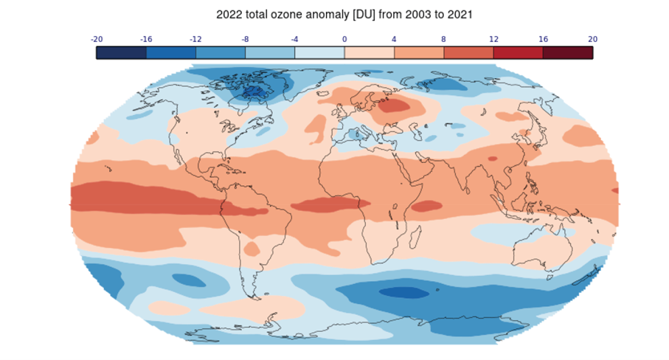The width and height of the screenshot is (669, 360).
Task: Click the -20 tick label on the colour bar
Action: pos(96,39)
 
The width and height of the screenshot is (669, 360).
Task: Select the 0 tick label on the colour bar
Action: pos(344,39)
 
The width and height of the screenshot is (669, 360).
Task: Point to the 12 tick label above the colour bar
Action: pos(493,39)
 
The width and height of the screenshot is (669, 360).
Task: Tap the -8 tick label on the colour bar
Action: pos(245,39)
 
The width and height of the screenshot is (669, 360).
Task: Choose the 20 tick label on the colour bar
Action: pos(592,39)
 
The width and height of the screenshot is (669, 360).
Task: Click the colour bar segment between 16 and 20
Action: pos(567,52)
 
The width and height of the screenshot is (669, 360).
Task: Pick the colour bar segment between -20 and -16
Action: pos(121,52)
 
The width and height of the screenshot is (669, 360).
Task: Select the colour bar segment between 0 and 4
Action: pos(369,52)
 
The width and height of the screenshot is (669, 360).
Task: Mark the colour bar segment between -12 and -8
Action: pos(221,52)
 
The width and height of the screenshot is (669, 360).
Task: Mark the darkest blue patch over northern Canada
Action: pos(253,91)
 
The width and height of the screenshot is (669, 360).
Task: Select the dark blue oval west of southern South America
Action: pos(188,280)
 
